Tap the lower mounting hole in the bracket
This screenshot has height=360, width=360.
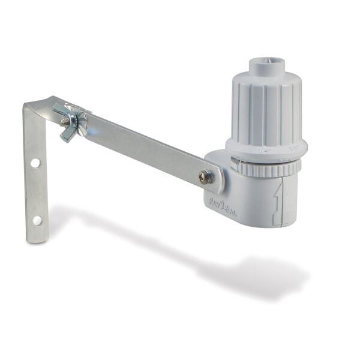pos(37,220)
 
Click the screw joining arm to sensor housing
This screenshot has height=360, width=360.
pos(205,176)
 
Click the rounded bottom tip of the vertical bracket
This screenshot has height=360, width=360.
pos(38,239)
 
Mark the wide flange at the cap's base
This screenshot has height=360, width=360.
pos(267,146)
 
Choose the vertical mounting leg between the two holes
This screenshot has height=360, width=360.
pos(37,192)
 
